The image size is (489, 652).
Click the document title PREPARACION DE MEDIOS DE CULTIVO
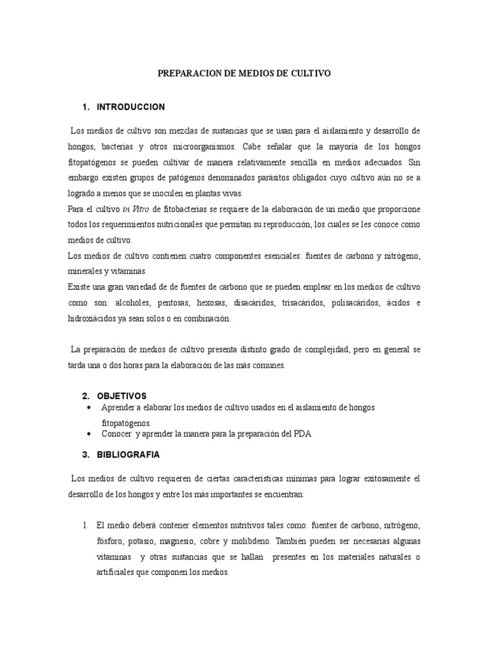(244, 74)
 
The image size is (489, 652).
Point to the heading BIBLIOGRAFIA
(129, 455)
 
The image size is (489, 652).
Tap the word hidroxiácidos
(96, 318)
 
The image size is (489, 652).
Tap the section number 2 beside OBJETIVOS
(85, 395)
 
